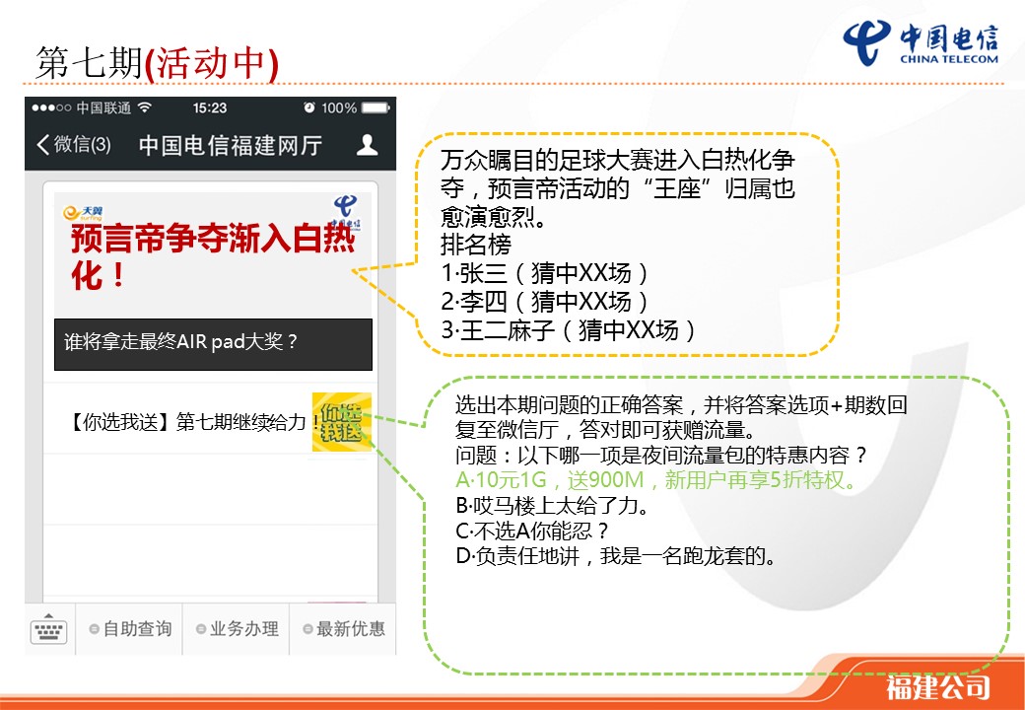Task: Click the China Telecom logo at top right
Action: (921, 43)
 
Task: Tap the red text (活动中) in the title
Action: (212, 63)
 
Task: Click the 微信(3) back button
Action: (73, 145)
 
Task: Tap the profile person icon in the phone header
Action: (368, 145)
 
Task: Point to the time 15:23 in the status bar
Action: (210, 107)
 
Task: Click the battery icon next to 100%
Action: (376, 107)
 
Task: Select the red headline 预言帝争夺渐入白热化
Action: (213, 255)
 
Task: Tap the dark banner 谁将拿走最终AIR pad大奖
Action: (213, 344)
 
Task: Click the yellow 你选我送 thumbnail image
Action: (342, 422)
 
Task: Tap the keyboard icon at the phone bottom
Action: (49, 629)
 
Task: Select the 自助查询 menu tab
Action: (130, 629)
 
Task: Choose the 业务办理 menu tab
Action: (238, 629)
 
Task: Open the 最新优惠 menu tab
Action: (344, 629)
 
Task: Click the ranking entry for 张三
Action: (545, 273)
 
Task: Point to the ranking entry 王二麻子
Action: (569, 330)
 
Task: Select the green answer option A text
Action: (656, 480)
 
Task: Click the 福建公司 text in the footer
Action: (937, 687)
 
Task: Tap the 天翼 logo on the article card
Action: (83, 212)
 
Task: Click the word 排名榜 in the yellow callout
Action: (476, 246)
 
